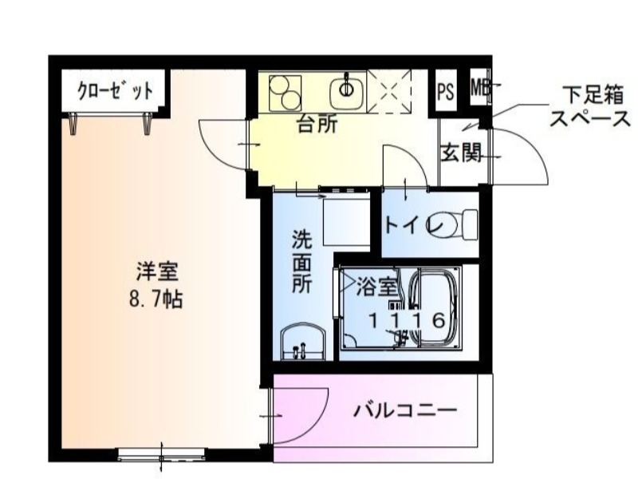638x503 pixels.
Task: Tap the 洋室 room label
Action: pos(156,271)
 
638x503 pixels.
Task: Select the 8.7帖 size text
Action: pos(156,299)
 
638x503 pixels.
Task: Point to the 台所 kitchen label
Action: pos(317,125)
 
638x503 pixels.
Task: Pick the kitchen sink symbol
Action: pos(348,88)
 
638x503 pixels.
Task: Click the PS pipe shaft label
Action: pos(445,90)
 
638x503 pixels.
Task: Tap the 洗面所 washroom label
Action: pos(301,263)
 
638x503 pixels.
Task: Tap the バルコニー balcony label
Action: pos(405,412)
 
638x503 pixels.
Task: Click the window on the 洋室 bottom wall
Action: pos(162,456)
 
